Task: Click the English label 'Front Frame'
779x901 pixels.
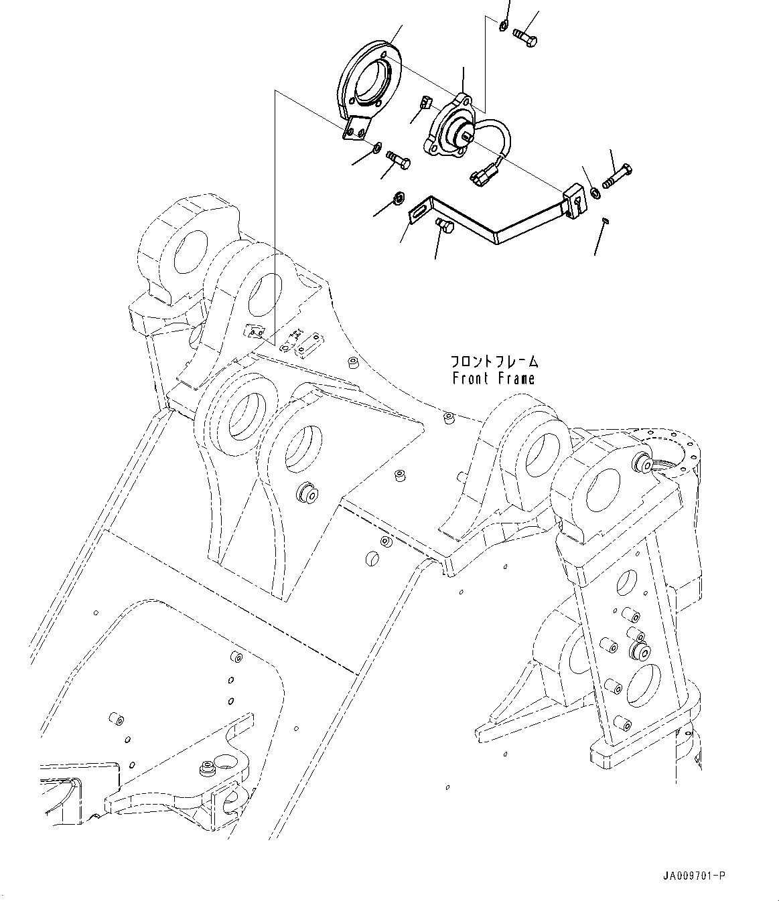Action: click(x=494, y=379)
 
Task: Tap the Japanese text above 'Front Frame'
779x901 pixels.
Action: click(x=494, y=362)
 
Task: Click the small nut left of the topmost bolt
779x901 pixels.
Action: click(x=502, y=26)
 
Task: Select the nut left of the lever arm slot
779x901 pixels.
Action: click(x=398, y=198)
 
